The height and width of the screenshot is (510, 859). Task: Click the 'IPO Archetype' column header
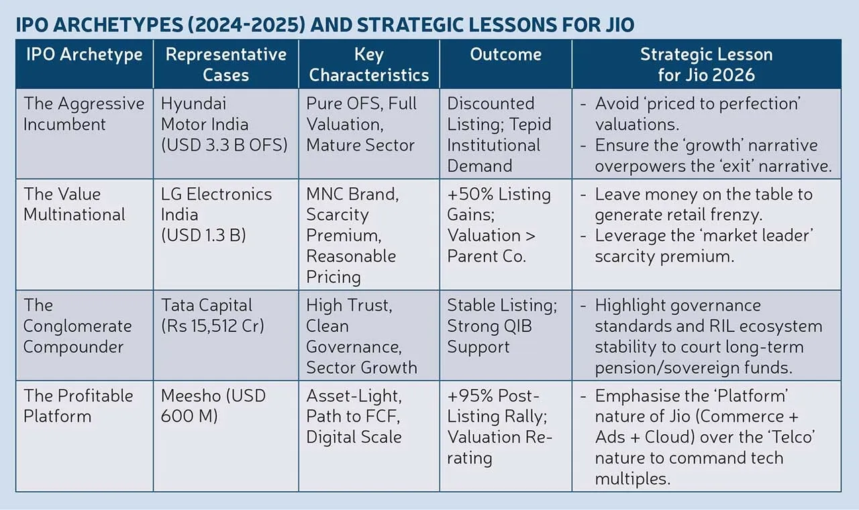coord(84,54)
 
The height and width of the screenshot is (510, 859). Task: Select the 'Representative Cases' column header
coord(225,64)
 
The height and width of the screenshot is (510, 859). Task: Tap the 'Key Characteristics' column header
coord(368,64)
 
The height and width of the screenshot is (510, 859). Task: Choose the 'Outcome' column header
coord(505,54)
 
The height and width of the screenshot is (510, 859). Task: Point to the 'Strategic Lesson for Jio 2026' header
coord(706,64)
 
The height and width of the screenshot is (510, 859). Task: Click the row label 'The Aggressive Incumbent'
coord(84,114)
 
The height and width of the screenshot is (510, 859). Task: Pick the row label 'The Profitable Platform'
coord(79,406)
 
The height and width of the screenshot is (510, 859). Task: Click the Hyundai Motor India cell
coord(224,124)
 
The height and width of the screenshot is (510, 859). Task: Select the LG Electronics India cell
coord(216,215)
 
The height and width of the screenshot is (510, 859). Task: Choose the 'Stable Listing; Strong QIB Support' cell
coord(502,326)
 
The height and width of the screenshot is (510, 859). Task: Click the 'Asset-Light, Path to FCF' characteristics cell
coord(354,406)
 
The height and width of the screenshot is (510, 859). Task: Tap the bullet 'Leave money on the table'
coord(703,195)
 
